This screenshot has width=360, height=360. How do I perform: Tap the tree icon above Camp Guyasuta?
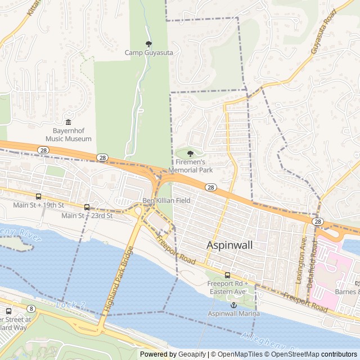tap(148, 44)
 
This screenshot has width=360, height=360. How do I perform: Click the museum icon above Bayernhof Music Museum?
tap(68, 123)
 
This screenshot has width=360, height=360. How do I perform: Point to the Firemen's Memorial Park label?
tap(190, 165)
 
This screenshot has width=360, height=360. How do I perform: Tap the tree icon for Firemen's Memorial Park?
tap(190, 154)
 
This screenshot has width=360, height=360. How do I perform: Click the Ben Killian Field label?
tap(166, 200)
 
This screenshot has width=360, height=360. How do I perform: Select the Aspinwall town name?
tap(229, 245)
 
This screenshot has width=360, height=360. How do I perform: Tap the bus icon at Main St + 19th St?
tap(38, 196)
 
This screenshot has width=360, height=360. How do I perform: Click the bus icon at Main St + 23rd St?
tap(87, 207)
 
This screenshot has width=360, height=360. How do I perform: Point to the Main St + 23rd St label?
tap(87, 215)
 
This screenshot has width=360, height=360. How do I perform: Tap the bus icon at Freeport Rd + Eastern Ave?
tap(227, 275)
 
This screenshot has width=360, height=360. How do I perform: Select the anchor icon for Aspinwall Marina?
tap(234, 304)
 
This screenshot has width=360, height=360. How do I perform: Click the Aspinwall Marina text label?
tap(234, 313)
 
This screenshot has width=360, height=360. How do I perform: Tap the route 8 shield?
tap(31, 308)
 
